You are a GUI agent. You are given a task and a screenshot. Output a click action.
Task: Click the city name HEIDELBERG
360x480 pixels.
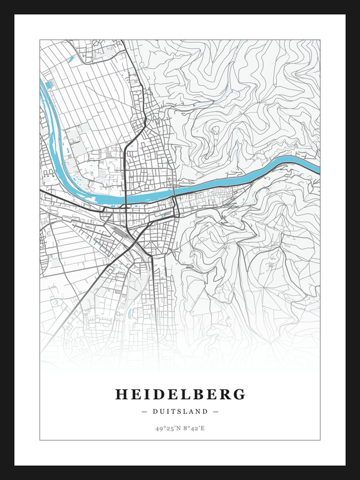click(x=180, y=394)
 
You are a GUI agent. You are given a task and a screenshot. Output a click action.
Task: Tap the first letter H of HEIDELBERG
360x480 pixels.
click(x=121, y=394)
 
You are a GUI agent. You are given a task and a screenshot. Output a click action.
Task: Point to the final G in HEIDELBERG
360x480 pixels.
click(x=239, y=394)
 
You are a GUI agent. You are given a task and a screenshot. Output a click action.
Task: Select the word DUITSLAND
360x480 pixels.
click(x=180, y=411)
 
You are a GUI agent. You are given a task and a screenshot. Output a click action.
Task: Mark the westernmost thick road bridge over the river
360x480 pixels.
click(x=125, y=200)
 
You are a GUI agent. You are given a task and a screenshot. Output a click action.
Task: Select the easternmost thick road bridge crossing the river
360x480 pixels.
click(x=174, y=191)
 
